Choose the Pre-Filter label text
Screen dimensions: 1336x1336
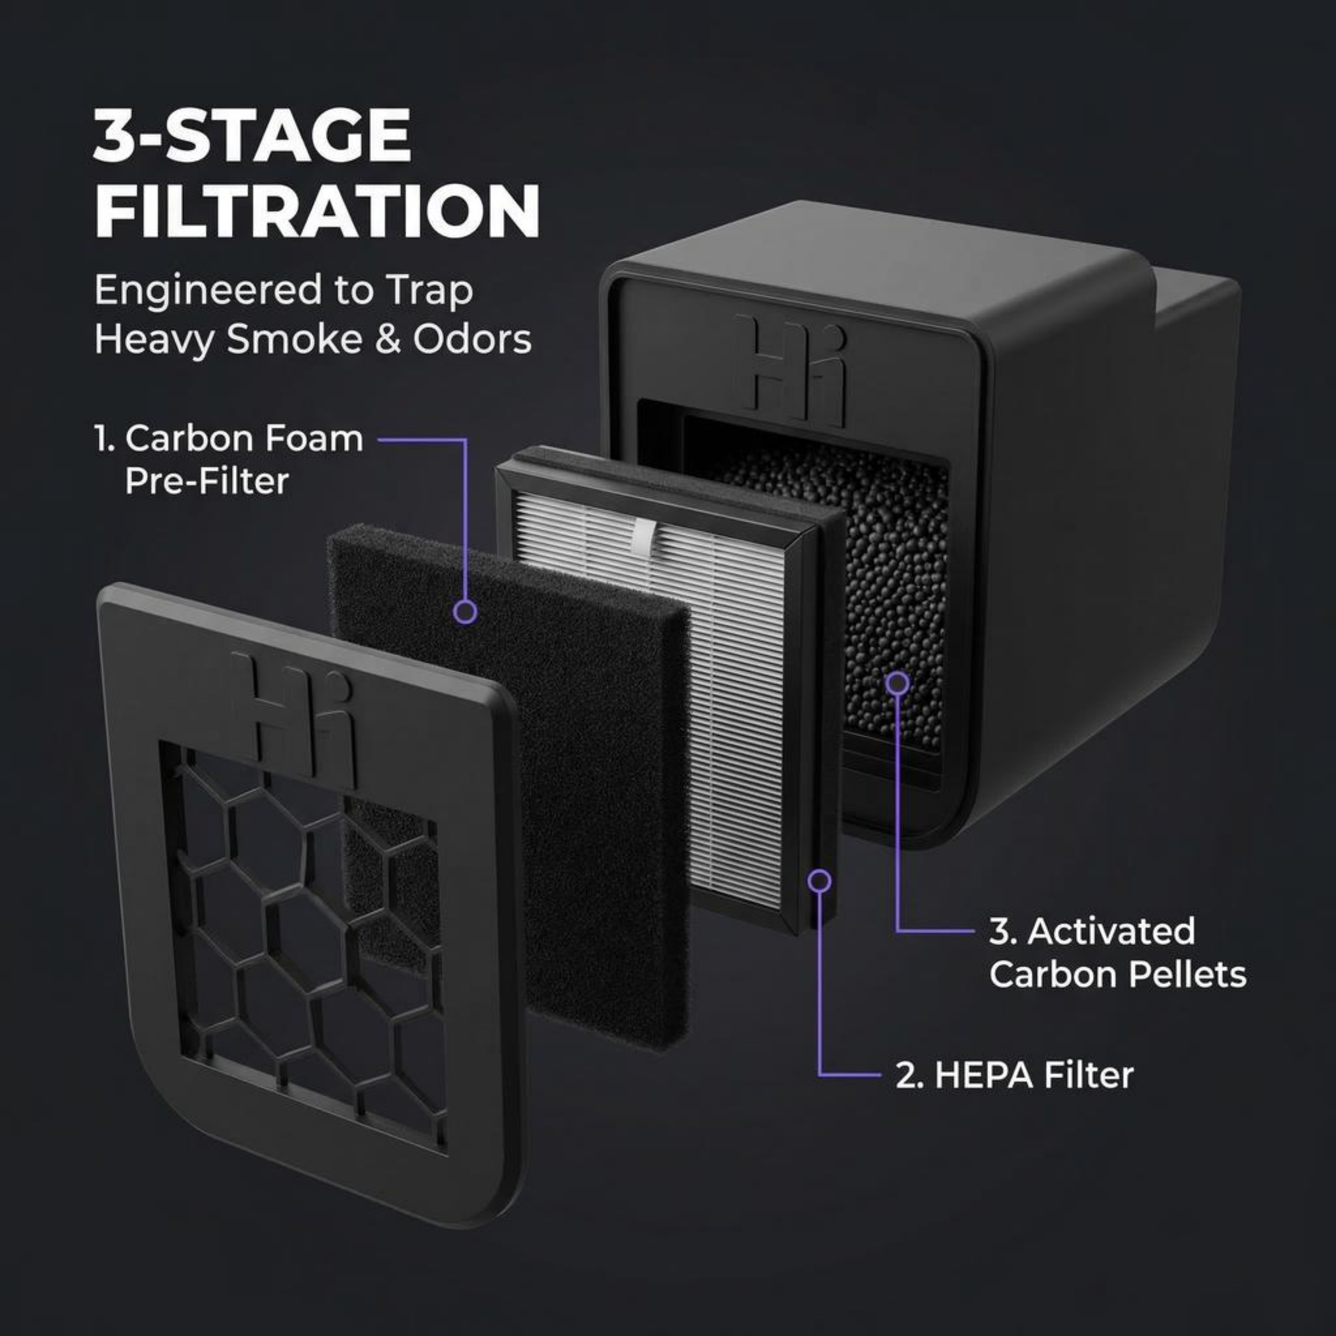(x=206, y=481)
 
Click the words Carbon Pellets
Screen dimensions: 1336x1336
(x=1118, y=974)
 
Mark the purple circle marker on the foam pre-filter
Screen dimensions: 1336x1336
(x=465, y=611)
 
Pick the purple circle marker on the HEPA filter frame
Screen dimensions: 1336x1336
(x=819, y=880)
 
